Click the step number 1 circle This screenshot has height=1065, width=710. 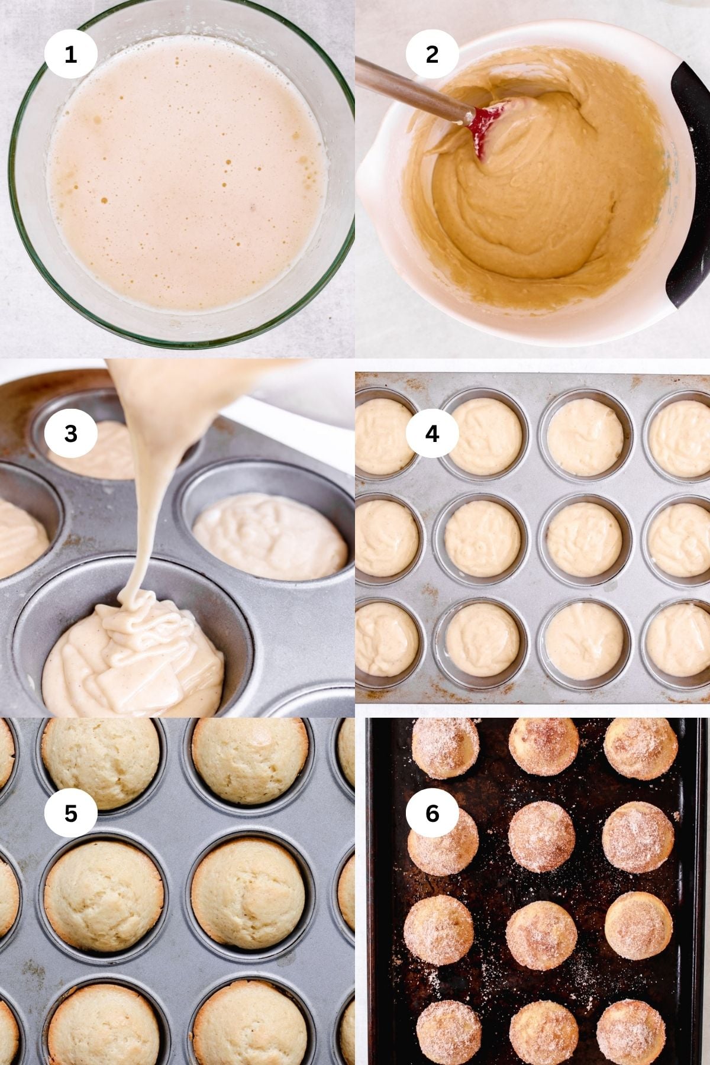(x=70, y=54)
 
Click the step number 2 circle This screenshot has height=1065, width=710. (x=432, y=54)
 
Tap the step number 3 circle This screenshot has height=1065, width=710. (x=70, y=434)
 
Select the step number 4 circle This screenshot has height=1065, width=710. (x=432, y=434)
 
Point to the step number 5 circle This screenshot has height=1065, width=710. (x=70, y=814)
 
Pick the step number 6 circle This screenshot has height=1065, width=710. (x=432, y=814)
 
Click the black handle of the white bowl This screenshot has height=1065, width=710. (x=689, y=183)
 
